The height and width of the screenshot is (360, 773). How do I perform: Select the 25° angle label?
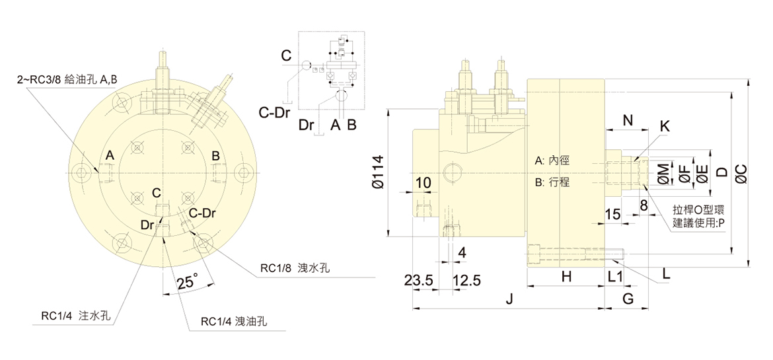tap(188, 283)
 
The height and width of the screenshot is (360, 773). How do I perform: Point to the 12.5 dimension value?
tap(466, 280)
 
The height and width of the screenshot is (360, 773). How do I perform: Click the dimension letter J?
tap(509, 299)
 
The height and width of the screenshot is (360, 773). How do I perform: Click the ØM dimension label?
tap(663, 173)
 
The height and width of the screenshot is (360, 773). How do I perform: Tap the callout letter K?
tap(664, 126)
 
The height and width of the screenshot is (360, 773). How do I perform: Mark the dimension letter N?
tap(628, 120)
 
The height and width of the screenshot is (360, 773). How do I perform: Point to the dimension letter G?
tap(628, 299)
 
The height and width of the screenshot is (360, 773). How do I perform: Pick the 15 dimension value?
tap(612, 214)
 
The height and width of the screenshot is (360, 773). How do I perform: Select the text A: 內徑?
tap(552, 161)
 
